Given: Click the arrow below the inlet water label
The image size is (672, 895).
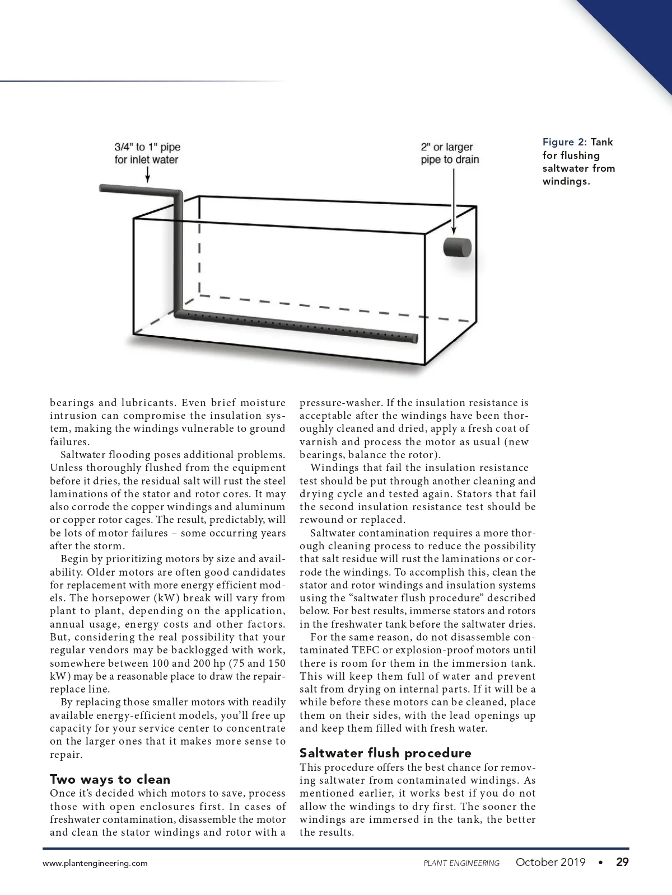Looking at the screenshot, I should (147, 175).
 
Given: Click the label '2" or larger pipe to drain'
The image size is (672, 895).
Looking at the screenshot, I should (450, 153).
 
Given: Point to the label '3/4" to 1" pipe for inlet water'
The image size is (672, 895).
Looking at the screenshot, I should (147, 153).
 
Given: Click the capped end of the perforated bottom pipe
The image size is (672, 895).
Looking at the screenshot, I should (415, 338).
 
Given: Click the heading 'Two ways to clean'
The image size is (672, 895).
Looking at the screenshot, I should (110, 779).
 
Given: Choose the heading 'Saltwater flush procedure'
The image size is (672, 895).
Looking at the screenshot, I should (385, 752).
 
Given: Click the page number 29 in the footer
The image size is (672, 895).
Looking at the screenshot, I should (622, 862).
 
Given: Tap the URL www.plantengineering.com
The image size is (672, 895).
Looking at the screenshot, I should (95, 863).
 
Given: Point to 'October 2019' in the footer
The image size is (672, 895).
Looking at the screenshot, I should (550, 862).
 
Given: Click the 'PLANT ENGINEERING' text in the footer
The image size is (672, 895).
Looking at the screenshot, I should (461, 863).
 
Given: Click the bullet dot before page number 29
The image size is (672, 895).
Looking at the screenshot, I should (601, 862).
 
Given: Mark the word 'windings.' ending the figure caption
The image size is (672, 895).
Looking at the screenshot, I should (566, 181).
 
